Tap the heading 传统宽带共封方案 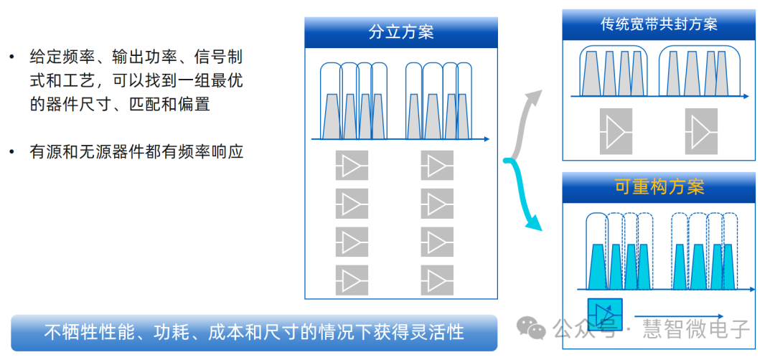(x=659, y=24)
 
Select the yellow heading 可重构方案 (x=659, y=186)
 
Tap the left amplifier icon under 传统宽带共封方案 (x=615, y=131)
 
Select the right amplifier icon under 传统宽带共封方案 (x=700, y=131)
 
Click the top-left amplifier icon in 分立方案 (x=352, y=166)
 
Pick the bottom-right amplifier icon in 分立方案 (x=437, y=280)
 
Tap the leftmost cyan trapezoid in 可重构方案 (x=598, y=266)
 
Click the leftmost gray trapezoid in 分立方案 (x=332, y=116)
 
